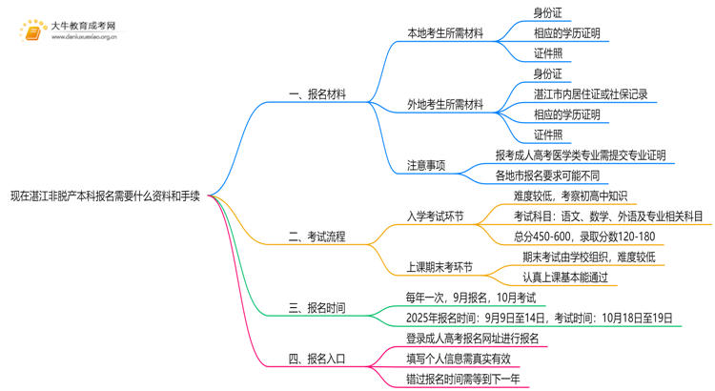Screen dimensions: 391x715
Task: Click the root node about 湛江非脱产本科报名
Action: pos(105,195)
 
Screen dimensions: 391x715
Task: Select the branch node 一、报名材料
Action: pos(317,94)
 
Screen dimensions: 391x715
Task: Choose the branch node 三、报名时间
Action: pos(317,308)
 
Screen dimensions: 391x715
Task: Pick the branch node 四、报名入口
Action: pos(317,360)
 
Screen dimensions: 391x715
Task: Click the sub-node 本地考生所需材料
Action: pos(445,33)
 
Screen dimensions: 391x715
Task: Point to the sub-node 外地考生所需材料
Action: pos(445,104)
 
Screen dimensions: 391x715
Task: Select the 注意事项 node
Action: pos(426,165)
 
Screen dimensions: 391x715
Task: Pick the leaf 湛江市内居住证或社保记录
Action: pos(591,94)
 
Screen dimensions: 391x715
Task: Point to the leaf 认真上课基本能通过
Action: pos(565,278)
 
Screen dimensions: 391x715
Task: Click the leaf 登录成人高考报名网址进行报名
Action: pos(473,339)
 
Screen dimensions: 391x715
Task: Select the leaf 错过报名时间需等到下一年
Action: pos(463,380)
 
